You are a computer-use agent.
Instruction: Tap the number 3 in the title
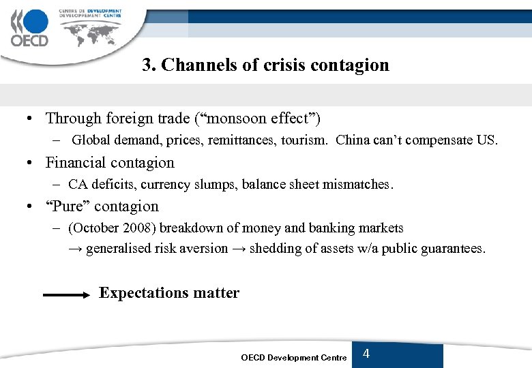pyautogui.click(x=146, y=65)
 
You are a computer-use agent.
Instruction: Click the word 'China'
pyautogui.click(x=353, y=140)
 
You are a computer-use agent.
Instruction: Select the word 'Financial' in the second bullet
pyautogui.click(x=74, y=162)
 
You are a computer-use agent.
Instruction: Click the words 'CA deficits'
pyautogui.click(x=100, y=184)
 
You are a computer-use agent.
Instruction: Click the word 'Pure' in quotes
pyautogui.click(x=68, y=206)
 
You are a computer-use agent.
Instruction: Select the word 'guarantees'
pyautogui.click(x=451, y=249)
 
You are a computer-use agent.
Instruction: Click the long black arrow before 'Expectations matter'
pyautogui.click(x=66, y=295)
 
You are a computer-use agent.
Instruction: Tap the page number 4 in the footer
pyautogui.click(x=366, y=354)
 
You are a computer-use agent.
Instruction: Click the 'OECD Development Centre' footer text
pyautogui.click(x=293, y=358)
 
